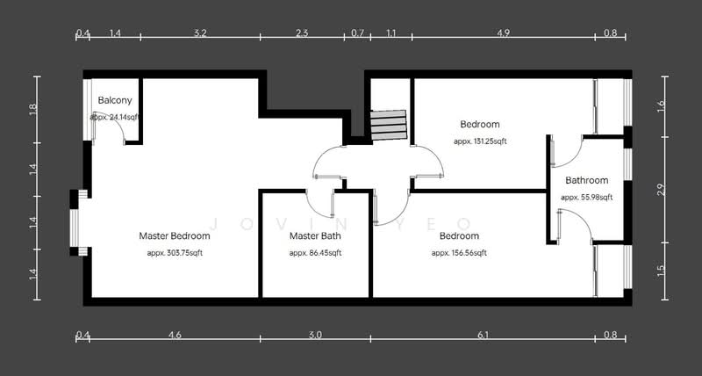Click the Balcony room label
(115, 100)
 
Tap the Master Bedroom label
(175, 235)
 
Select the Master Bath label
(315, 235)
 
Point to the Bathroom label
(586, 180)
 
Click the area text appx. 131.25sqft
(480, 141)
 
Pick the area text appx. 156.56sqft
(458, 253)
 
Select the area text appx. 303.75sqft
(175, 253)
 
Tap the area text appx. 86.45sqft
(315, 253)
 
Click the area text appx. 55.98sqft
(586, 198)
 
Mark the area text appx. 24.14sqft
(115, 116)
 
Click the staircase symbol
(388, 125)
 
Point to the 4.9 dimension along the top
(503, 33)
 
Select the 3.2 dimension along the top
(199, 33)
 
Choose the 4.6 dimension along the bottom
(175, 335)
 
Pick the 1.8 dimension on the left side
(33, 110)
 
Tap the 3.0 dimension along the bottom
(315, 335)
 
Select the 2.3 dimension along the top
(302, 33)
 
